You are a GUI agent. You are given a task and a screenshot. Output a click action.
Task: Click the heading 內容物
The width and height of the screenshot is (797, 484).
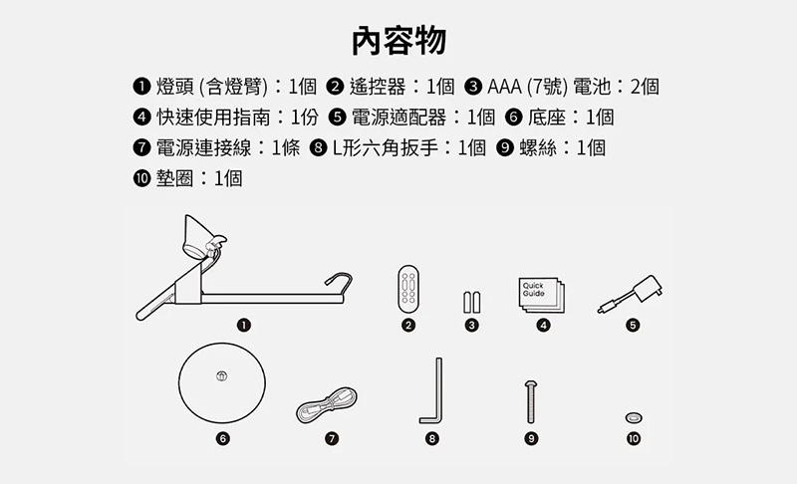point(399,40)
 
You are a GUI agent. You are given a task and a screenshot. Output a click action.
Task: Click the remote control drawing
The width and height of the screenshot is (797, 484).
point(408,288)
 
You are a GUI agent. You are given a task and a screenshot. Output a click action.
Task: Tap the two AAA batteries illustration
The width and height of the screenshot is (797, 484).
point(471,302)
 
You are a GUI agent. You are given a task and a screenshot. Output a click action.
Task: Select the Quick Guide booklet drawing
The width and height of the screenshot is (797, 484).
point(541,295)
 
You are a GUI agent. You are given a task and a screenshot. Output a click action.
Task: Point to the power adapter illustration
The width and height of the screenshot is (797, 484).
point(631,294)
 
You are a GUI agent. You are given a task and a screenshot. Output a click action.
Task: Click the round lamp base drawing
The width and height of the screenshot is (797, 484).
point(222,382)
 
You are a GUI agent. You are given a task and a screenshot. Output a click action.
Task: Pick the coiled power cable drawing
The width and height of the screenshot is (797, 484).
point(327,405)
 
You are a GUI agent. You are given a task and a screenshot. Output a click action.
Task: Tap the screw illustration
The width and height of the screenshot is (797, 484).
point(531,401)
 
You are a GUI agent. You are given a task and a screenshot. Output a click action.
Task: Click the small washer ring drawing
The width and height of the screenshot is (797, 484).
point(634,417)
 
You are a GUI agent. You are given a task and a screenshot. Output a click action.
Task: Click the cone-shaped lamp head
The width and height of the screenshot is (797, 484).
point(198,236)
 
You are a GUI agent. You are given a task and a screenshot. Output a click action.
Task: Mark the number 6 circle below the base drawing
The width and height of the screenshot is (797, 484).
point(222,438)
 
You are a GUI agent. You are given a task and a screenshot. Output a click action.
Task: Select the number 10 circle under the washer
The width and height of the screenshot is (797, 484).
point(634,438)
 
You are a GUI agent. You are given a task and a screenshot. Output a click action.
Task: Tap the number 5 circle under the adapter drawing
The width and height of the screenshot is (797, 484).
point(633,325)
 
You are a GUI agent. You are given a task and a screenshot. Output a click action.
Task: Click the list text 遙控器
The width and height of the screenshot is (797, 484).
point(378,87)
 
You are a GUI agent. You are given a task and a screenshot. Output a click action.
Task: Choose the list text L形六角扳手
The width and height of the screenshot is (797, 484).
point(385,147)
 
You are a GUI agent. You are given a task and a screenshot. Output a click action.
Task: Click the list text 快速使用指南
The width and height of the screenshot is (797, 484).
point(213,118)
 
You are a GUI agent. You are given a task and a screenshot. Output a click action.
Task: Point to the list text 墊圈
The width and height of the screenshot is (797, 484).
point(174,178)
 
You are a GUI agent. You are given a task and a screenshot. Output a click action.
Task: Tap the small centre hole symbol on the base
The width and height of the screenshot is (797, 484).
point(221,376)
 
